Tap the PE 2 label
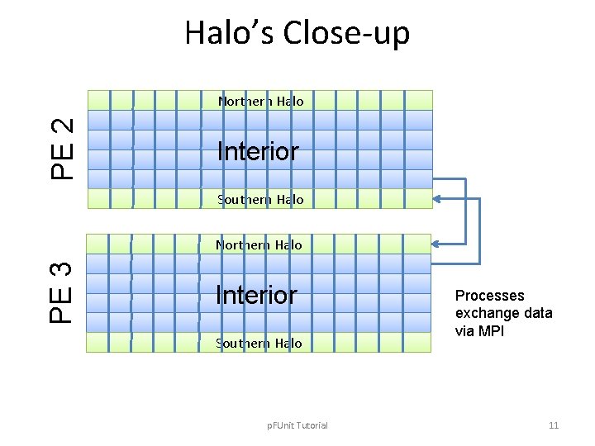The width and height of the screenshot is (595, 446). point(64,149)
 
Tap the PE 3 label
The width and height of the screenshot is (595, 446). point(64,292)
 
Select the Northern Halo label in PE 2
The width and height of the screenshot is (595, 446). point(260,101)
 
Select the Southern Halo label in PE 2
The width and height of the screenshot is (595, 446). point(260,199)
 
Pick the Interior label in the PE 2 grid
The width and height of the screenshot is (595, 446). point(257,151)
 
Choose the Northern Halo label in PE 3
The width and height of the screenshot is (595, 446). point(259,244)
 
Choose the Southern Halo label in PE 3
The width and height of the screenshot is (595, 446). point(259,343)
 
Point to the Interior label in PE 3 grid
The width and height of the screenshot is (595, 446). point(255,294)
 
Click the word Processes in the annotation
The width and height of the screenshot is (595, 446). point(489,296)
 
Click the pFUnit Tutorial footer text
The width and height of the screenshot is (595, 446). point(297,425)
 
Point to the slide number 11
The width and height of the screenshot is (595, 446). point(554,425)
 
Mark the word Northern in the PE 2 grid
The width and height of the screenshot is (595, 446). point(240,101)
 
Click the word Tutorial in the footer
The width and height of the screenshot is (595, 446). point(311,425)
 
